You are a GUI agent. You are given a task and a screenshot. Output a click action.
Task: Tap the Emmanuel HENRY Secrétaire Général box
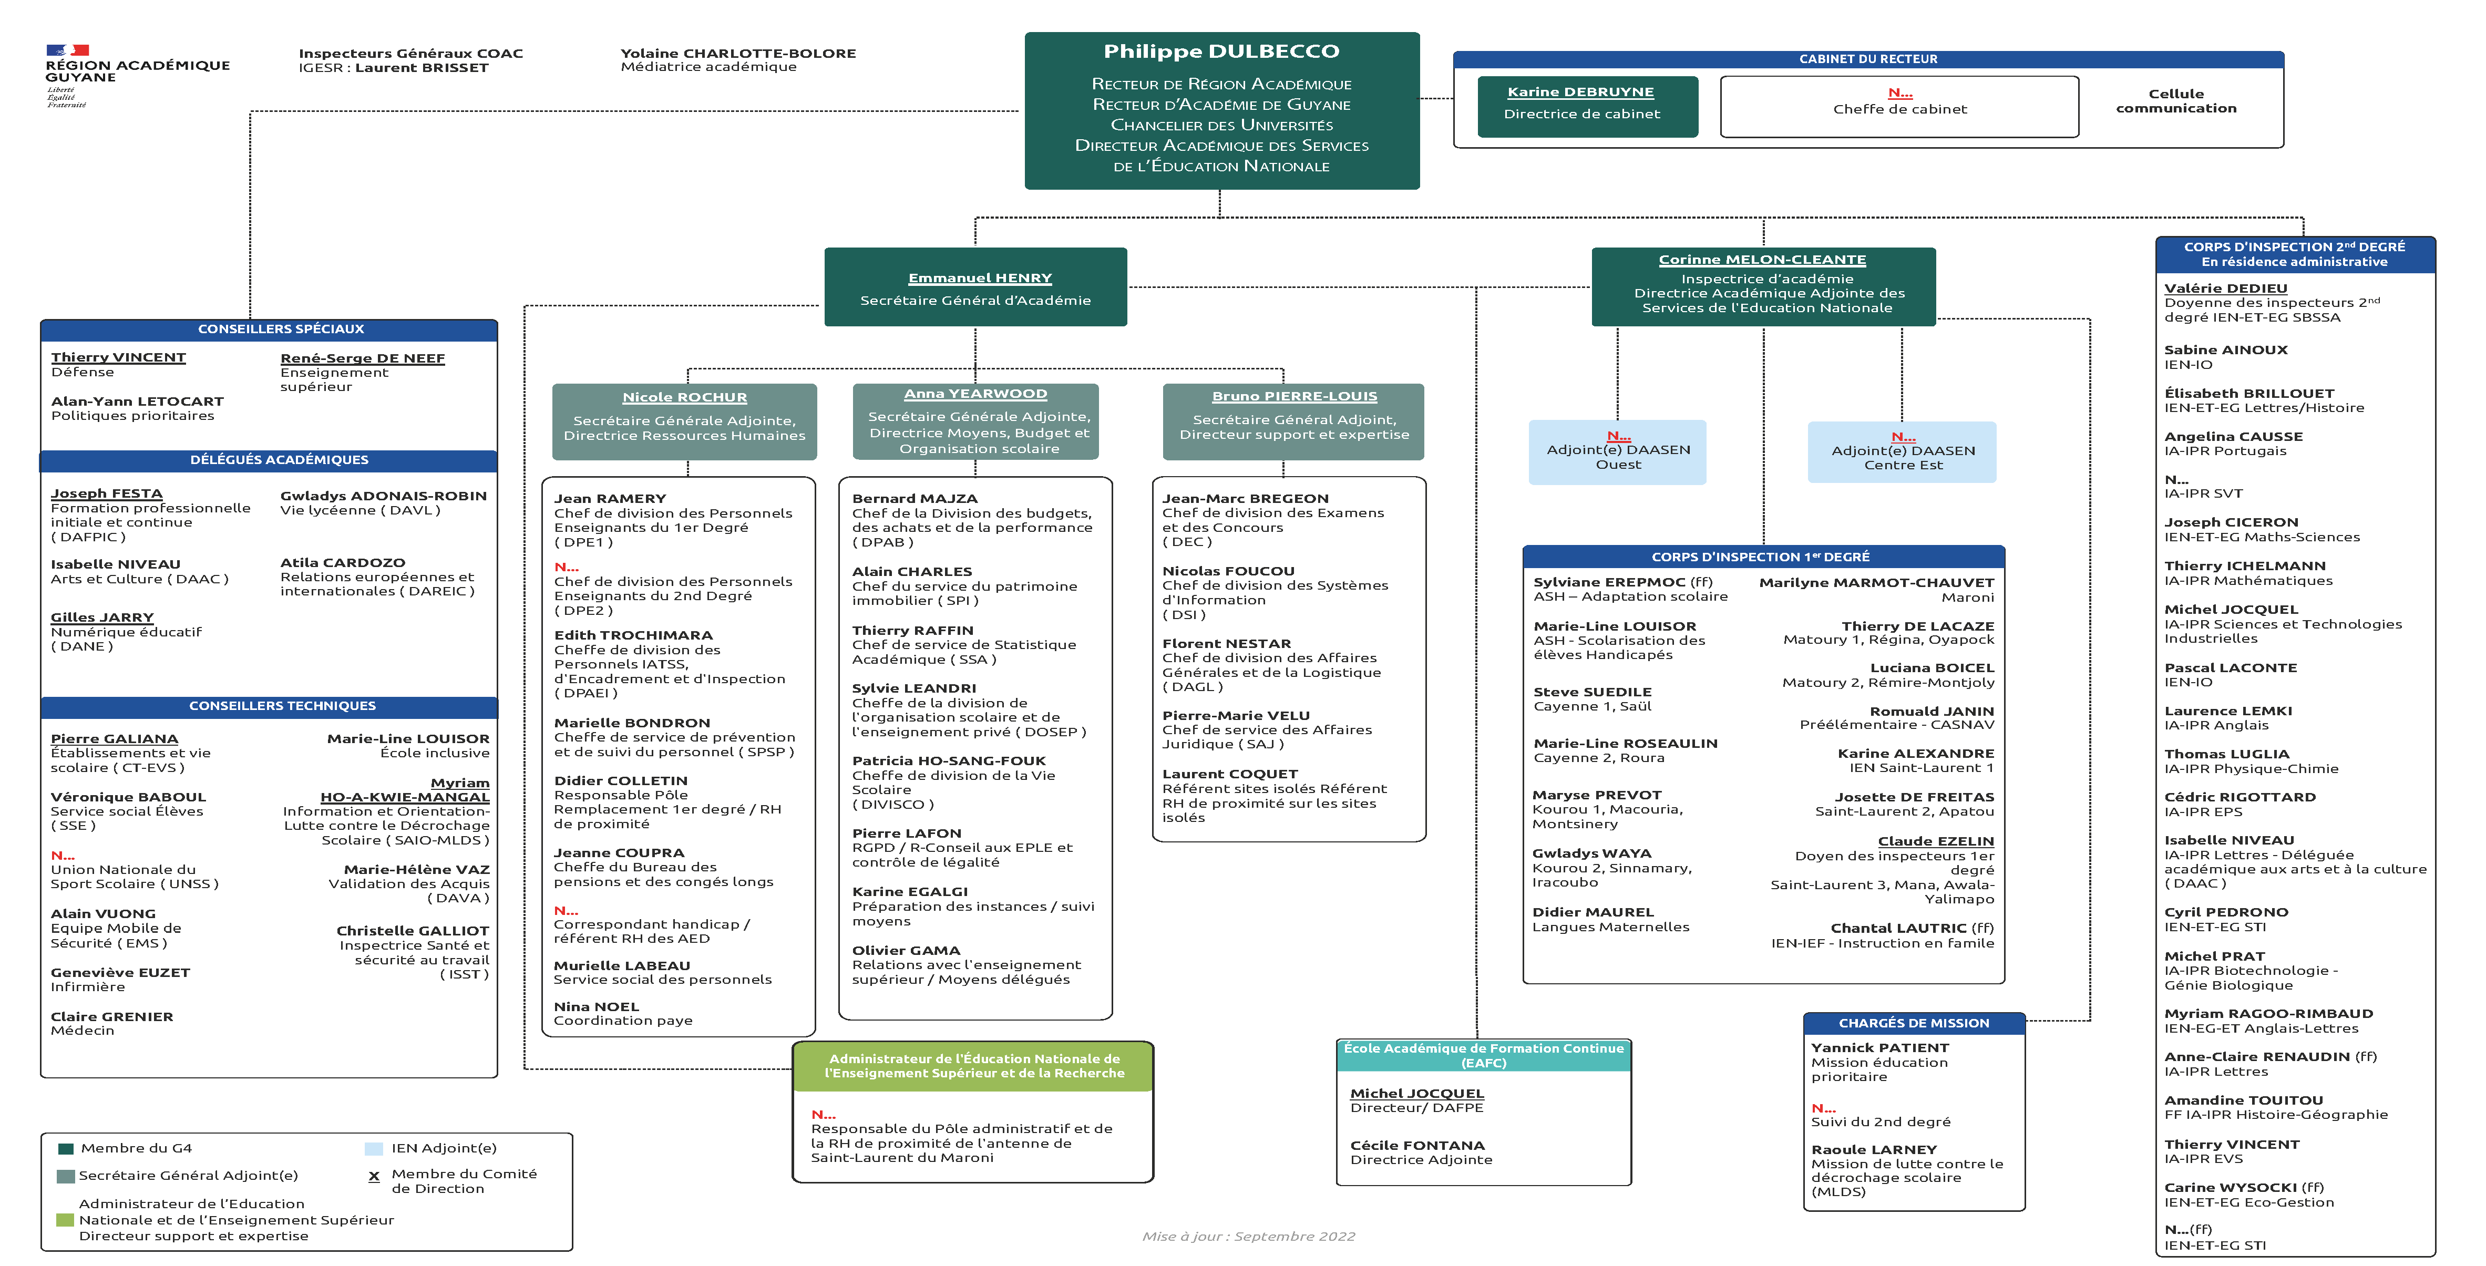(x=975, y=287)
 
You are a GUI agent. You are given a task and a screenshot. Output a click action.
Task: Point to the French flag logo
(x=68, y=50)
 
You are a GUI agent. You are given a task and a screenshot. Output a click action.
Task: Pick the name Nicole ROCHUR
(x=684, y=397)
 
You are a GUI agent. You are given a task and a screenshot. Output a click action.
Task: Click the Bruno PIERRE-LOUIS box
(x=1293, y=421)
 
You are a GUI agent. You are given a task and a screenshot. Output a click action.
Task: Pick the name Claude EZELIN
(x=1935, y=841)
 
